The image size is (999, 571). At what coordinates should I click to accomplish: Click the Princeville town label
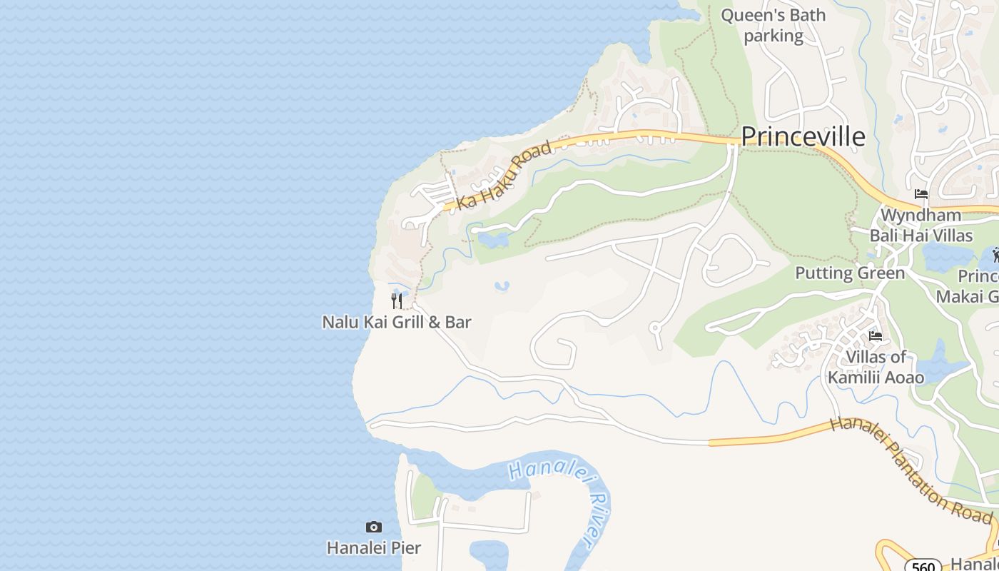click(803, 136)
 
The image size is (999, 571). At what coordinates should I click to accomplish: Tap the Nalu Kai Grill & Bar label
click(397, 322)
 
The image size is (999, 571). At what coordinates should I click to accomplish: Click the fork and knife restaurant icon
click(397, 300)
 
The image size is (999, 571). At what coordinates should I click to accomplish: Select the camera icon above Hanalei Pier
click(373, 527)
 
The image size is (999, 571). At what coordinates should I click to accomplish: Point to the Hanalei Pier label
click(374, 548)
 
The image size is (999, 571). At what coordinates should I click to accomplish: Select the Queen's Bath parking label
click(774, 25)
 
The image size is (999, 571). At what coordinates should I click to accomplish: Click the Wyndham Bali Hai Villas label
click(921, 225)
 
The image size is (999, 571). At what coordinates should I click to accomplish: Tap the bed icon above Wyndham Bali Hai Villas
click(921, 194)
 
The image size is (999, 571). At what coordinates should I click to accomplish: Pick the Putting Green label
click(850, 273)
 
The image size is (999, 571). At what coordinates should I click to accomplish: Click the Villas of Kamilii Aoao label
click(876, 367)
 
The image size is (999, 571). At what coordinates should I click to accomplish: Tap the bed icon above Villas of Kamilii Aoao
click(876, 336)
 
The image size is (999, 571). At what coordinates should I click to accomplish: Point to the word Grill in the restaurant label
click(405, 322)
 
